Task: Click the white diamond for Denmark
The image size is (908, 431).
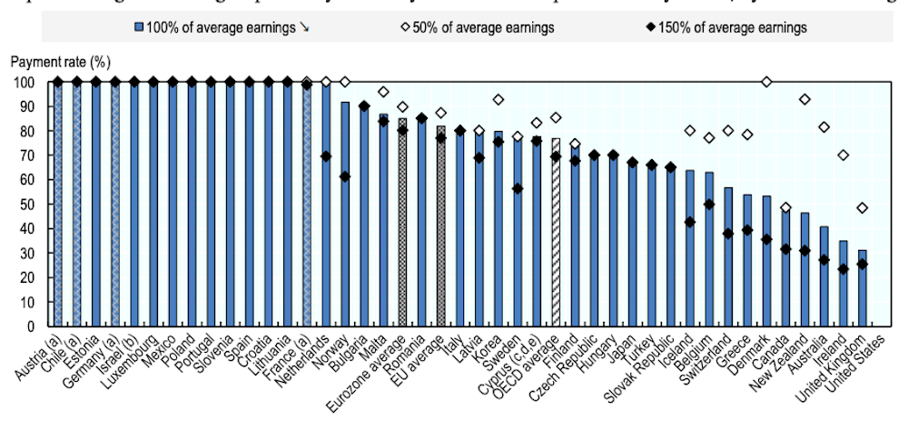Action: (766, 82)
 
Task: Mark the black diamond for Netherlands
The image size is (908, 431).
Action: (326, 156)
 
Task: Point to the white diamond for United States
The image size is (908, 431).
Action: (862, 208)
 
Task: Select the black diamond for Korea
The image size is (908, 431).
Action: (498, 141)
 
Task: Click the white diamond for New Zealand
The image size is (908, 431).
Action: (804, 99)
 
